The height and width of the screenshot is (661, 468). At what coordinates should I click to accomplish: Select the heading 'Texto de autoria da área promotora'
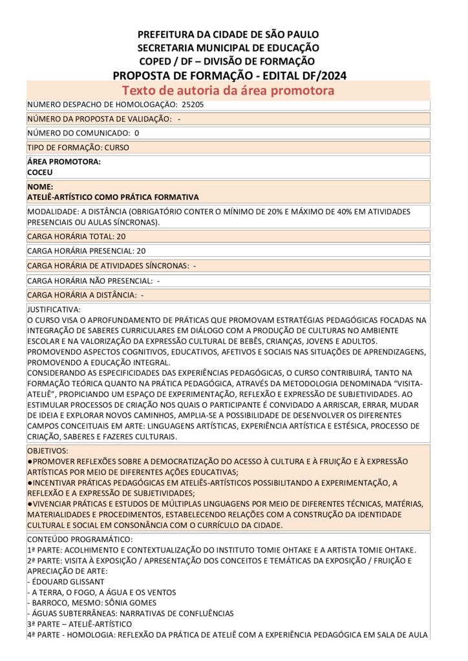click(x=228, y=90)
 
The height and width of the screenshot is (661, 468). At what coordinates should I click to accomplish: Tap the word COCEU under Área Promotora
click(x=40, y=172)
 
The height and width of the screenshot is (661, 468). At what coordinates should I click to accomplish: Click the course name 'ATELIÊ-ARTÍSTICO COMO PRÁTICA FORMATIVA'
click(x=113, y=197)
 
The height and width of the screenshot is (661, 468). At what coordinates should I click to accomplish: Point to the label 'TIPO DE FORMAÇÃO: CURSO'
click(x=78, y=147)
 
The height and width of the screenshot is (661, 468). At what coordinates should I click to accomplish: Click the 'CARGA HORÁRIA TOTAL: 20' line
click(x=76, y=236)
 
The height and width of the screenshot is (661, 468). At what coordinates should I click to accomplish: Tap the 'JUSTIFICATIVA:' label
click(x=54, y=309)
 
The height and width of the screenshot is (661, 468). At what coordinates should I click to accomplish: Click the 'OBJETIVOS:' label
click(x=48, y=451)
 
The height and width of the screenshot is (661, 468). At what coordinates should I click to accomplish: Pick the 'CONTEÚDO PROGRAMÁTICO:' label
click(x=80, y=539)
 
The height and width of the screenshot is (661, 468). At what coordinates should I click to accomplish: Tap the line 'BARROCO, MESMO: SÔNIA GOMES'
click(x=92, y=603)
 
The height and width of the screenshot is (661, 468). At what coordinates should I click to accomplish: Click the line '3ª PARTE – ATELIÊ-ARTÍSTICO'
click(x=80, y=624)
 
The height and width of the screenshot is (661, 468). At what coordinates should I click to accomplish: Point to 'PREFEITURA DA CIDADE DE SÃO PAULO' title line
click(x=228, y=34)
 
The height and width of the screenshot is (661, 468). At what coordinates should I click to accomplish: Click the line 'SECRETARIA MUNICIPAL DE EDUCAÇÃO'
click(x=228, y=48)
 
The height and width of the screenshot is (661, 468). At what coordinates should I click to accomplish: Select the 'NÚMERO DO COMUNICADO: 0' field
click(x=83, y=133)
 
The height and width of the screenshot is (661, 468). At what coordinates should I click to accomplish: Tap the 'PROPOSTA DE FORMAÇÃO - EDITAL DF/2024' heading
click(x=229, y=76)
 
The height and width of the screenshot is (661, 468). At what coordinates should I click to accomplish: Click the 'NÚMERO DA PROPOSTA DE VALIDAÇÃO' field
click(x=103, y=119)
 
